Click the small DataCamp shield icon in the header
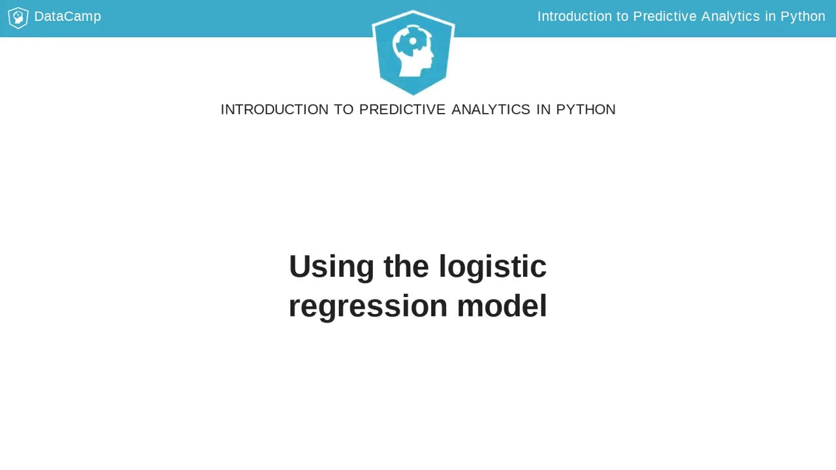(x=18, y=18)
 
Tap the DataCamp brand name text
(x=67, y=16)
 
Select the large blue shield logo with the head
(x=413, y=52)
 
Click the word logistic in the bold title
(x=492, y=266)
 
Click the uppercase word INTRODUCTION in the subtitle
(x=274, y=110)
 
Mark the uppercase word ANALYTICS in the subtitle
(x=490, y=110)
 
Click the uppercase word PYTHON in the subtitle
(x=586, y=110)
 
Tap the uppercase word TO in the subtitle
(x=344, y=110)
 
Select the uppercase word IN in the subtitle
(x=543, y=110)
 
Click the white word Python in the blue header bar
(x=803, y=16)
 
